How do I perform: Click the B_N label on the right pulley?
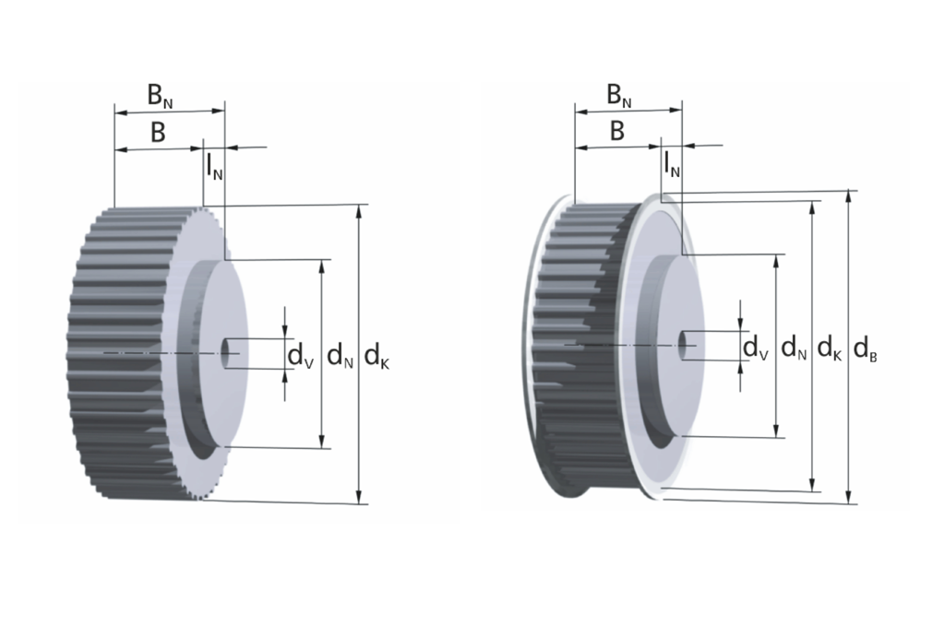point(618,94)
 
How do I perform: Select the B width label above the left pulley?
point(158,133)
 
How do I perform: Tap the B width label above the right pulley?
point(617,132)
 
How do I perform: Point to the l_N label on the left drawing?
point(214,166)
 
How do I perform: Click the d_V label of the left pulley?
point(300,356)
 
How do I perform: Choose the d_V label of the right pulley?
point(756,348)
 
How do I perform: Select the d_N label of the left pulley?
point(340,355)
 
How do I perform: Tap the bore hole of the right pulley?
point(683,343)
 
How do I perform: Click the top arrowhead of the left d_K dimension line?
point(359,210)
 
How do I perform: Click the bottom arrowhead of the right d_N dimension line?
point(776,432)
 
